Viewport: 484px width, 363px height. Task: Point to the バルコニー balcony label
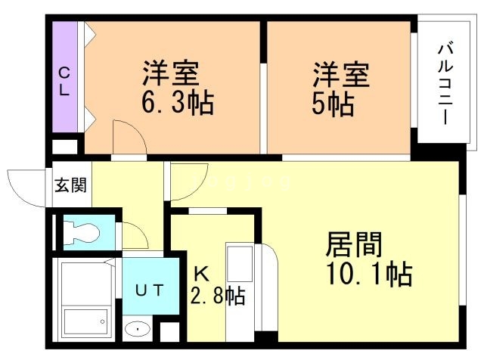(444, 84)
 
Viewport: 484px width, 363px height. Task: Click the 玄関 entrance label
(70, 185)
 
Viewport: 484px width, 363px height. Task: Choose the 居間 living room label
(353, 245)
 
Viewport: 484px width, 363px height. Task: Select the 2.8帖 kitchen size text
(218, 296)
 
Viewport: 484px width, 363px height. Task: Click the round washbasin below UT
(138, 329)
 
